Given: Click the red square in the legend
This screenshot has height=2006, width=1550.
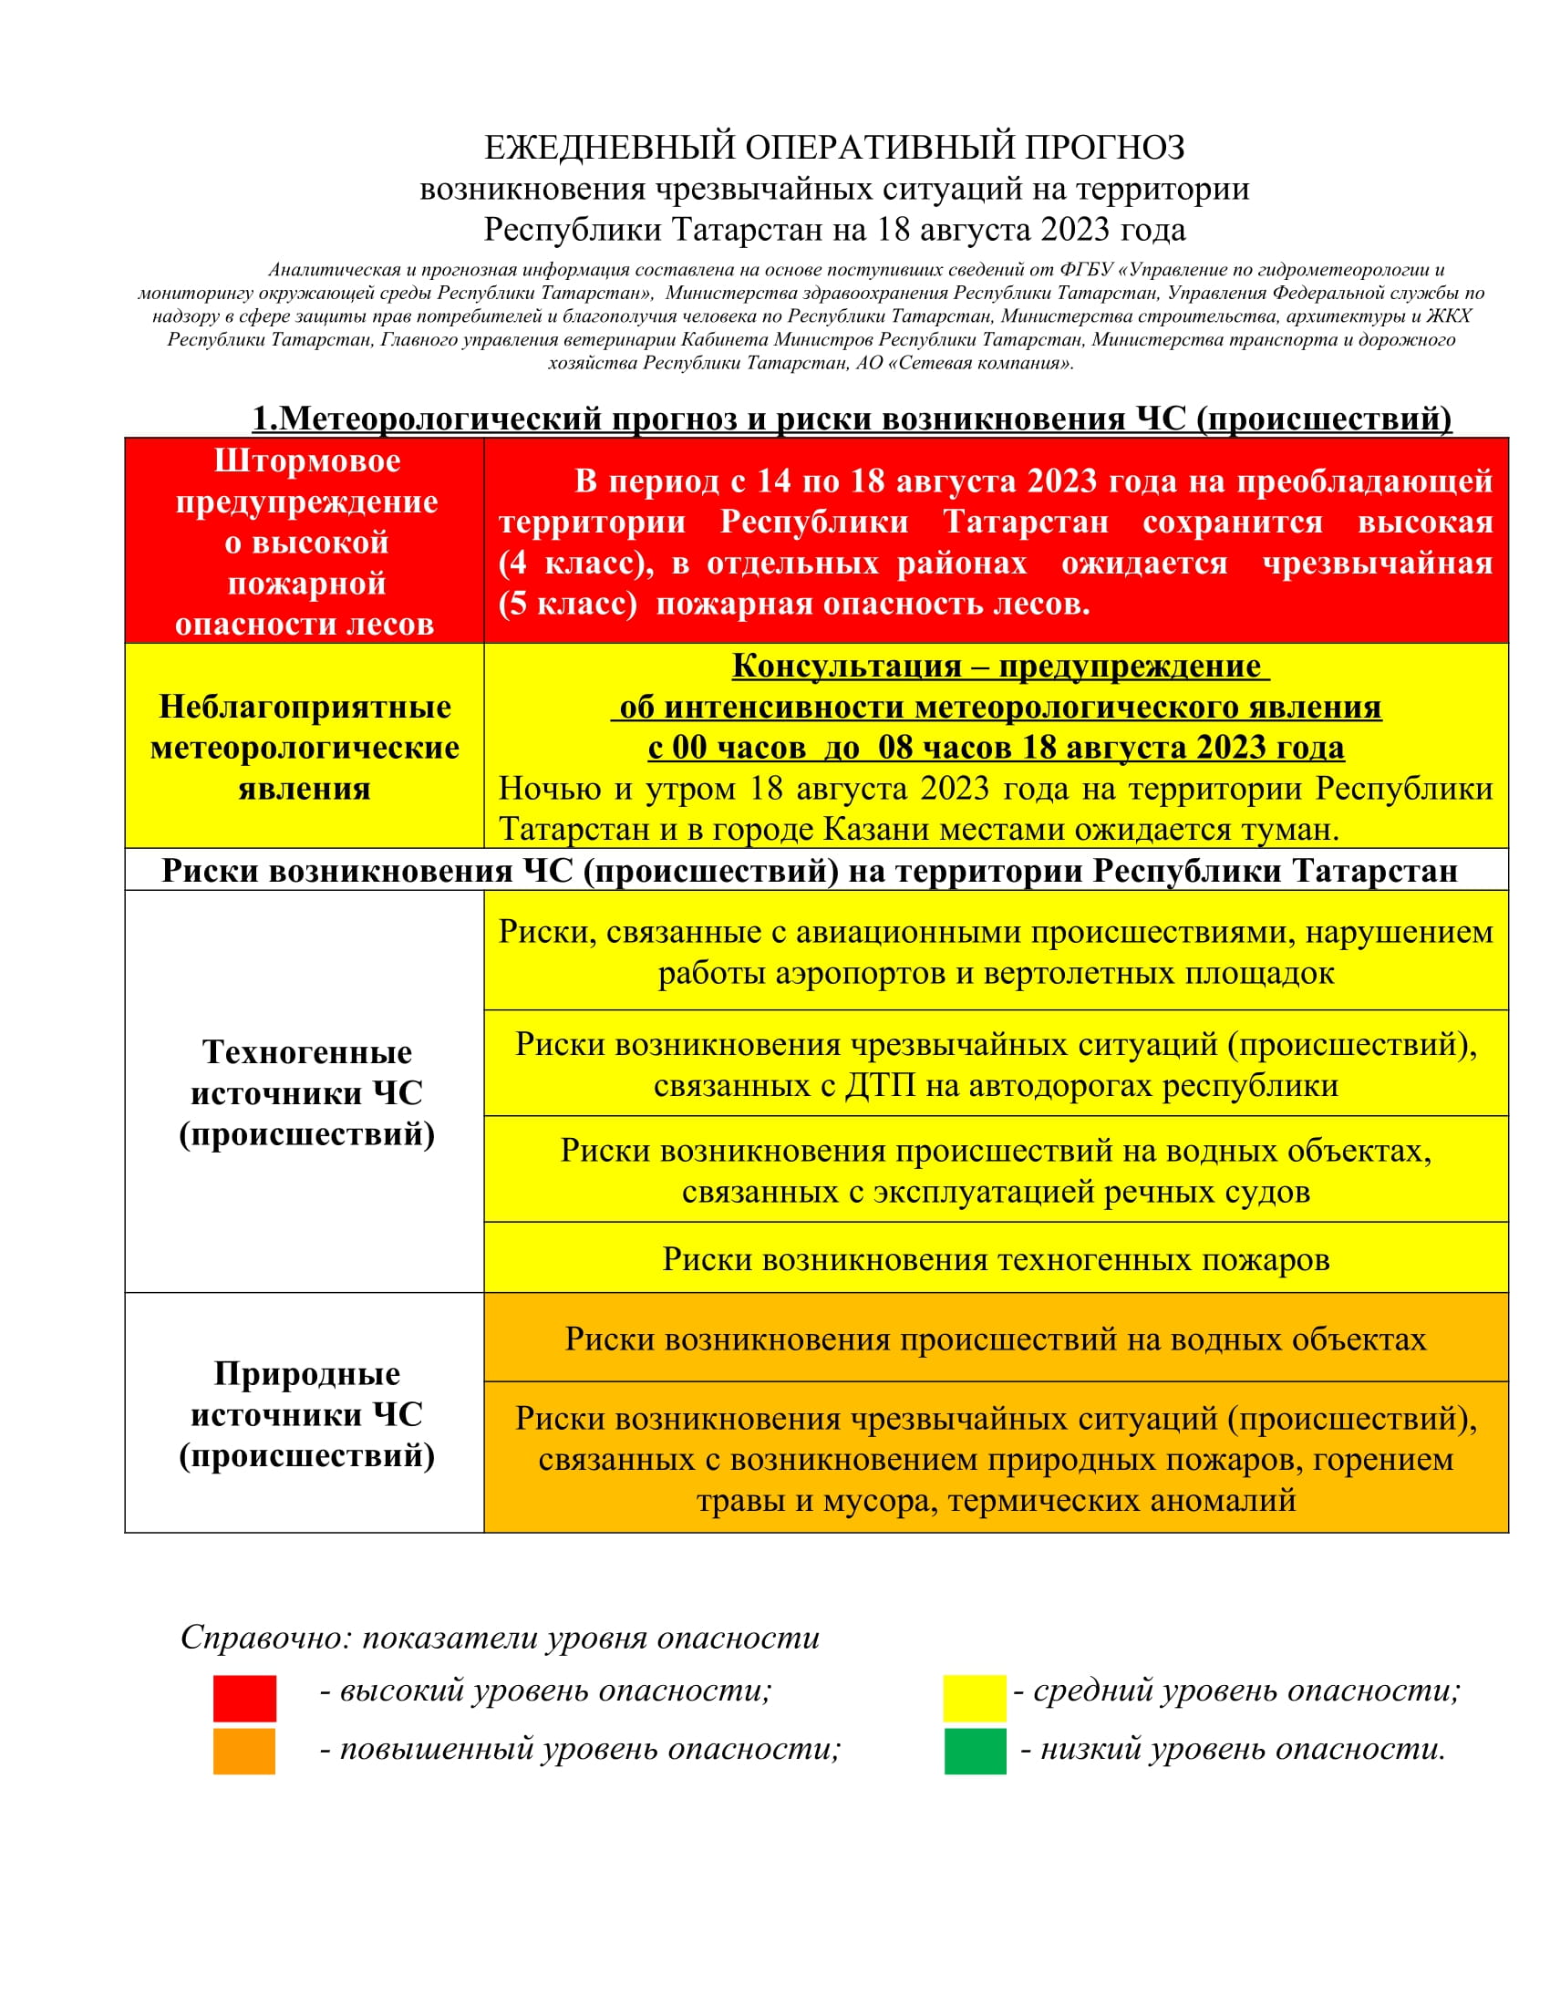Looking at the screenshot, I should coord(244,1698).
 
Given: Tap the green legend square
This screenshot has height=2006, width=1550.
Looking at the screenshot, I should coord(975,1751).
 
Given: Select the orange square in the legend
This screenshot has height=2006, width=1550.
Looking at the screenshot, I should coord(244,1751).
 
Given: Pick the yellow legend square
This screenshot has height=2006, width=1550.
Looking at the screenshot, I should coord(975,1698).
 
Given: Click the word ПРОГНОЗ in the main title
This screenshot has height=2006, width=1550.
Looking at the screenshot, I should coord(1104,148).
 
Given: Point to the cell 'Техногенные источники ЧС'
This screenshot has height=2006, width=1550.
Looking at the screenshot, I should coord(306,1092).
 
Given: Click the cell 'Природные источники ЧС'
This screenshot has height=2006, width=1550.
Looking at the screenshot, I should coord(306,1413).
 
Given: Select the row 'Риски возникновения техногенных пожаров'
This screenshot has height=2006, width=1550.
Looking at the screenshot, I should coord(996,1258).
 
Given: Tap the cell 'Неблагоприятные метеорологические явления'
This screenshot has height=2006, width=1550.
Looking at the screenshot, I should coord(305,747).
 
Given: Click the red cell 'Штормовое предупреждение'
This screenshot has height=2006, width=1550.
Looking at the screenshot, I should coord(306,542).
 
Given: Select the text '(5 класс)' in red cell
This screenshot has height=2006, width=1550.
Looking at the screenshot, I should coord(567,604).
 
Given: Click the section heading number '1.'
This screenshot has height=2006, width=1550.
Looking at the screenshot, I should coord(264,419).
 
